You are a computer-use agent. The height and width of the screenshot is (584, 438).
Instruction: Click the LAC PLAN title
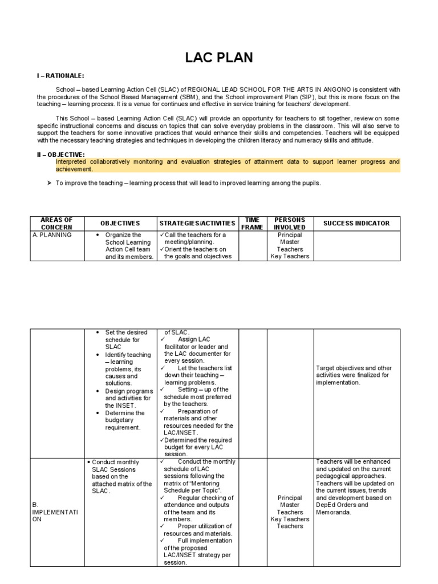(x=219, y=58)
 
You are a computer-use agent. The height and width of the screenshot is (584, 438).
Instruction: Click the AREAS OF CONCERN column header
(x=56, y=224)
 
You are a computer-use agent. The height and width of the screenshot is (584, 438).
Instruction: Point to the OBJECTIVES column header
(x=120, y=224)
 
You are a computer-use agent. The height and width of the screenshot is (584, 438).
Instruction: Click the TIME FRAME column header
(x=252, y=224)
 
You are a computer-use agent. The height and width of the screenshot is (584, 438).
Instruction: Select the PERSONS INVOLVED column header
(x=290, y=224)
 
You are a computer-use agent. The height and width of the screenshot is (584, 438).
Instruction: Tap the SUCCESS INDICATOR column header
(x=356, y=224)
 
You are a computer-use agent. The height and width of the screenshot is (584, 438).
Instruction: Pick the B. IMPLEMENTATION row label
(x=52, y=512)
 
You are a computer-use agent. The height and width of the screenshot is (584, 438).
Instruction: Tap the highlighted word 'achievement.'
(x=74, y=169)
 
